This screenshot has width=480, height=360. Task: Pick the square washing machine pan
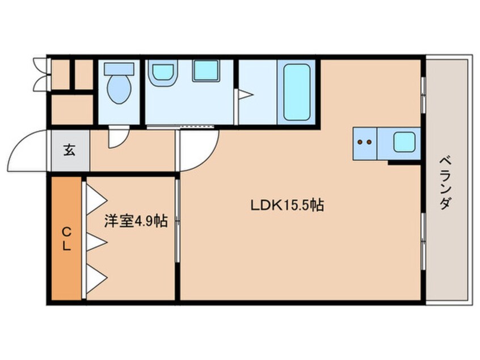205,72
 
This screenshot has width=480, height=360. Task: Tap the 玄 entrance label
69,151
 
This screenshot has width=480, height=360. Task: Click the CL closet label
66,238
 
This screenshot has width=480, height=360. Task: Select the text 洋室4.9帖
135,221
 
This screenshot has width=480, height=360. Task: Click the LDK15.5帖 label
287,206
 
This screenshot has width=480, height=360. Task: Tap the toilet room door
118,136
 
